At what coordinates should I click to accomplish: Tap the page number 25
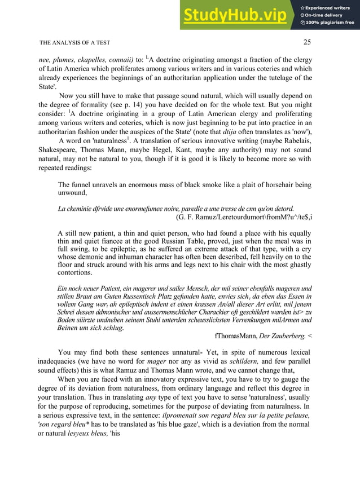click(x=307, y=42)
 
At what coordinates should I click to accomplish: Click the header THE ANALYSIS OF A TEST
click(x=74, y=42)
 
